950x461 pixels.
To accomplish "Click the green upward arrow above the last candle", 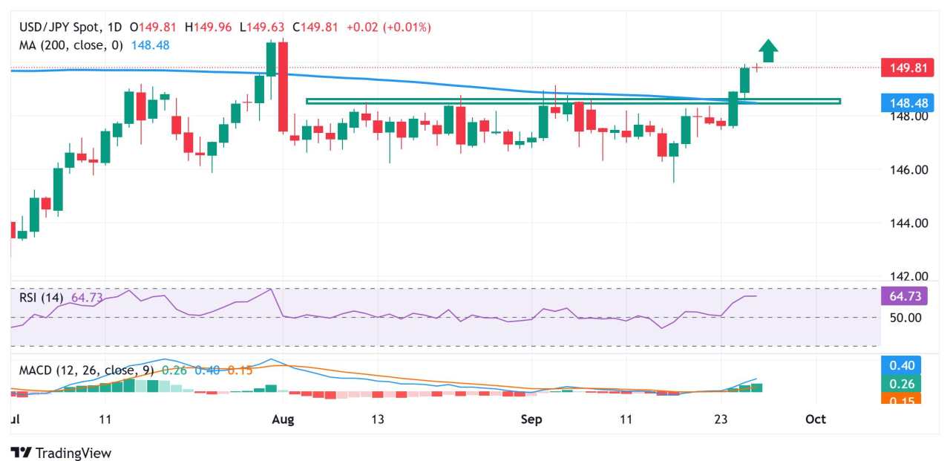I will [x=768, y=50].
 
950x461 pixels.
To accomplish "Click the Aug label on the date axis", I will [x=283, y=419].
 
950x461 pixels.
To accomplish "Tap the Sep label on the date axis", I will [x=531, y=419].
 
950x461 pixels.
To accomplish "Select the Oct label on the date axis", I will [x=816, y=419].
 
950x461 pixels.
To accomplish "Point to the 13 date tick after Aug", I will [x=378, y=419].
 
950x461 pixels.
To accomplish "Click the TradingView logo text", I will [x=73, y=452].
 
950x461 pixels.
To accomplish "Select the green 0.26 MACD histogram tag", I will [x=900, y=383].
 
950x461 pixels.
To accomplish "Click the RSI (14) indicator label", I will [x=42, y=298].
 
